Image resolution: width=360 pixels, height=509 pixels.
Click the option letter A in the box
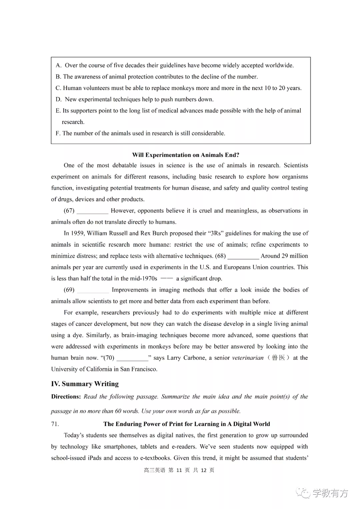(58, 65)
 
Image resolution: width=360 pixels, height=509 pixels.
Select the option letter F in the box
(58, 133)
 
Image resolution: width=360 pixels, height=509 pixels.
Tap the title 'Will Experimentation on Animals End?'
(186, 155)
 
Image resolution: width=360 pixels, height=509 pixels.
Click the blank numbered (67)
(92, 211)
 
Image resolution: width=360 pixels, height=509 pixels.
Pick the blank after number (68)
(243, 256)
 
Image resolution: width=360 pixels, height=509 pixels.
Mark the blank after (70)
(132, 358)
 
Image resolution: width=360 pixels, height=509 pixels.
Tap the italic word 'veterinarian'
(248, 358)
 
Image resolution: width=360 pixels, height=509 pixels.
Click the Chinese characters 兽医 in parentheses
(278, 358)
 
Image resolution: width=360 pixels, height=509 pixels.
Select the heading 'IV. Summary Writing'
(85, 384)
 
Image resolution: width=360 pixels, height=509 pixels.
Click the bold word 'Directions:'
(66, 397)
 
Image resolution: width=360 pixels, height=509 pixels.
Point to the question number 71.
(55, 424)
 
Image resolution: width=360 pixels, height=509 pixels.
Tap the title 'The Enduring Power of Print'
(186, 424)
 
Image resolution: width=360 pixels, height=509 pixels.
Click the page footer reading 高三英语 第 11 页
(179, 470)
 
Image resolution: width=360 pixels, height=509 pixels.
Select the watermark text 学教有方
(330, 493)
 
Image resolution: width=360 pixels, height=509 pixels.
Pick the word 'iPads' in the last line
(95, 458)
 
